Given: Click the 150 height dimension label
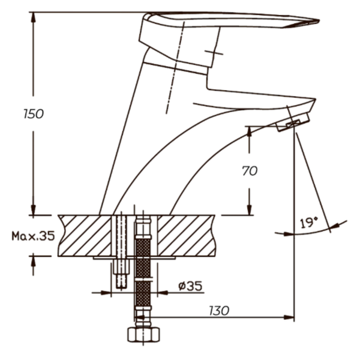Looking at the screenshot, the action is click(34, 114).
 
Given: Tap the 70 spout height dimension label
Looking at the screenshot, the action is click(250, 171).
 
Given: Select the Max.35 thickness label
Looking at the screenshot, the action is click(33, 236).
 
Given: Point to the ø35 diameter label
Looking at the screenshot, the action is click(190, 286).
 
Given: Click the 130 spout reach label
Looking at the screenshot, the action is click(219, 311).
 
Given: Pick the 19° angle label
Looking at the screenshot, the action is click(309, 223).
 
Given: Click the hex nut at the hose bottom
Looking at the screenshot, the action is click(143, 335).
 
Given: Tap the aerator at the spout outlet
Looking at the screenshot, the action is click(293, 122).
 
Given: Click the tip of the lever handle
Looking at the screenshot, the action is click(319, 20).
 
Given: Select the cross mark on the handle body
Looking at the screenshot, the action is click(214, 53).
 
